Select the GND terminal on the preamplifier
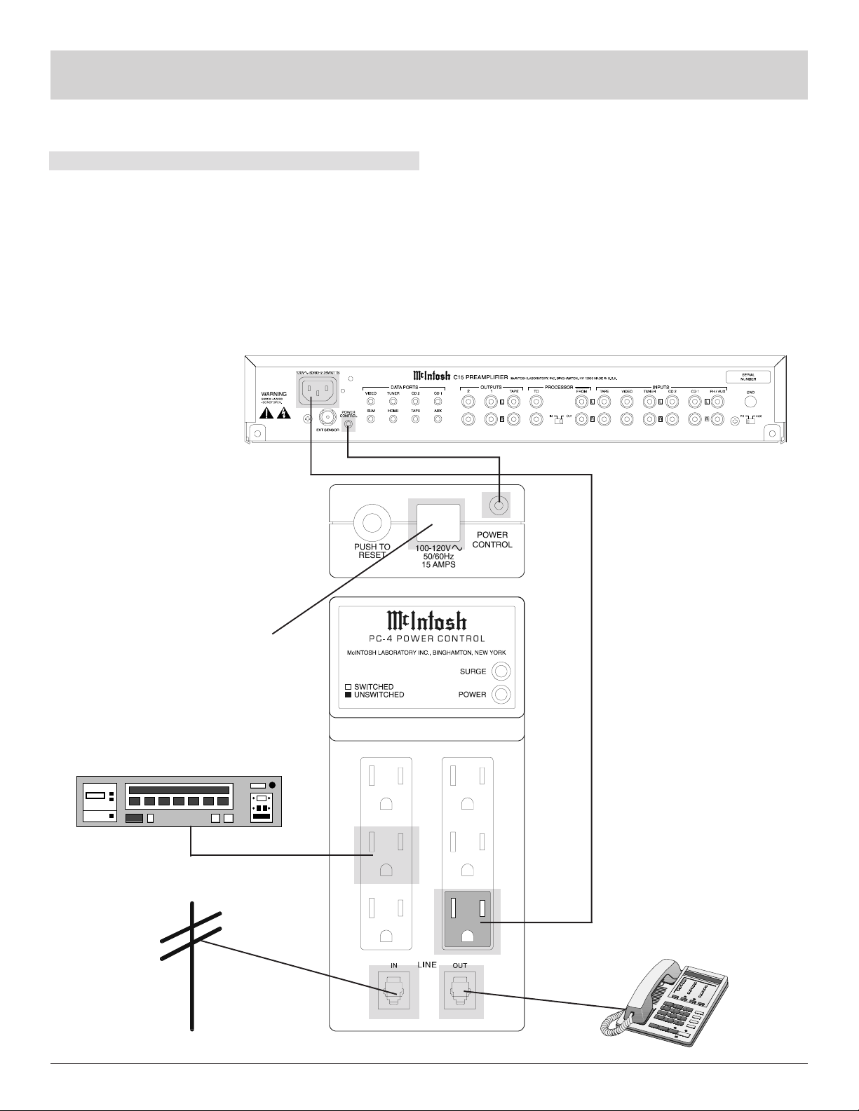click(750, 402)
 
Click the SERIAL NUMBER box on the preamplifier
click(748, 376)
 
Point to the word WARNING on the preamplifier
click(273, 394)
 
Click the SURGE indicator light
click(501, 672)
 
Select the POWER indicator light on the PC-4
click(501, 695)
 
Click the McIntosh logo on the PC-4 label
click(426, 622)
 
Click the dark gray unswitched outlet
click(467, 920)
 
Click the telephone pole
click(191, 967)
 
